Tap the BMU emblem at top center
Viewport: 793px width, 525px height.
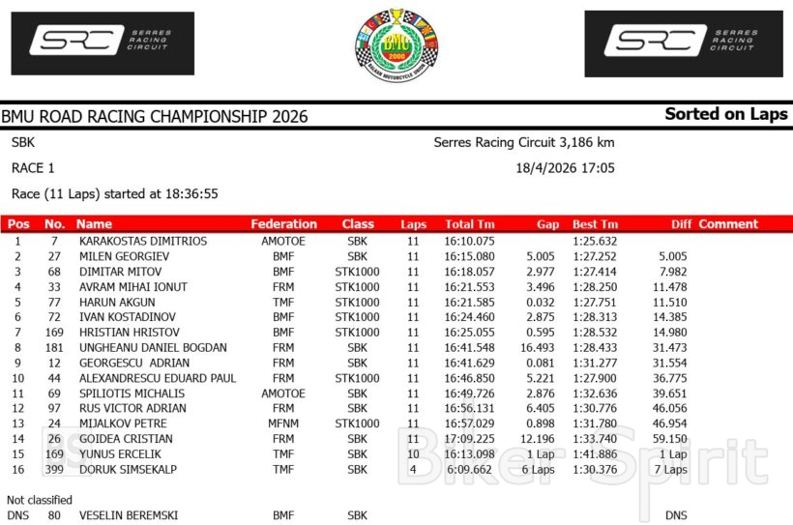click(x=396, y=44)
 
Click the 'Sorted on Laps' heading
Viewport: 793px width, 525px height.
click(x=726, y=114)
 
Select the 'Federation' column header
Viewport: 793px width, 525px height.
click(x=283, y=224)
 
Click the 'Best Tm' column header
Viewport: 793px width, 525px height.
click(x=595, y=224)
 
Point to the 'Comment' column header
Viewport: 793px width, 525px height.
click(x=728, y=224)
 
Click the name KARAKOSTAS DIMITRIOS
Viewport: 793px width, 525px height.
click(x=142, y=241)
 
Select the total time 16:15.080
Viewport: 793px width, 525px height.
click(x=469, y=256)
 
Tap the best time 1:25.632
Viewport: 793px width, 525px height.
click(x=595, y=241)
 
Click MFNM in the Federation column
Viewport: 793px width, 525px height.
click(x=283, y=423)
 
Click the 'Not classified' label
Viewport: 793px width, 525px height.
click(x=40, y=500)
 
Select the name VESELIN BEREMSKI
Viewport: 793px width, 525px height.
click(x=129, y=515)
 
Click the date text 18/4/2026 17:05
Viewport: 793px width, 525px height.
click(x=566, y=167)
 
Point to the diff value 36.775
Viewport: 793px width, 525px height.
click(x=668, y=378)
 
